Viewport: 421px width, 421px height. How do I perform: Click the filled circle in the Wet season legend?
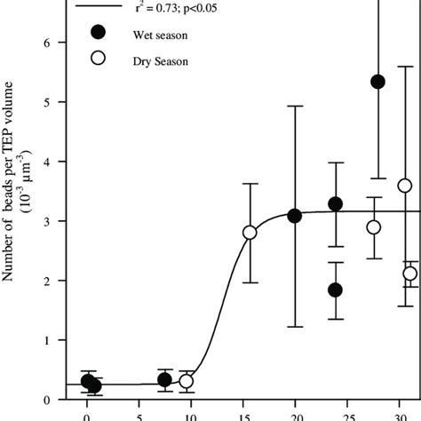pos(99,33)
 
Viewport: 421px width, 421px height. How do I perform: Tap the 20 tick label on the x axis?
pos(295,414)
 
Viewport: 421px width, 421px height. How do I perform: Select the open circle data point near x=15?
pos(250,232)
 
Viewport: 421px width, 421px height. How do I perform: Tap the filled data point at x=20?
pos(295,216)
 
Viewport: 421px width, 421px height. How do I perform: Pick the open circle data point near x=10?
pos(187,381)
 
